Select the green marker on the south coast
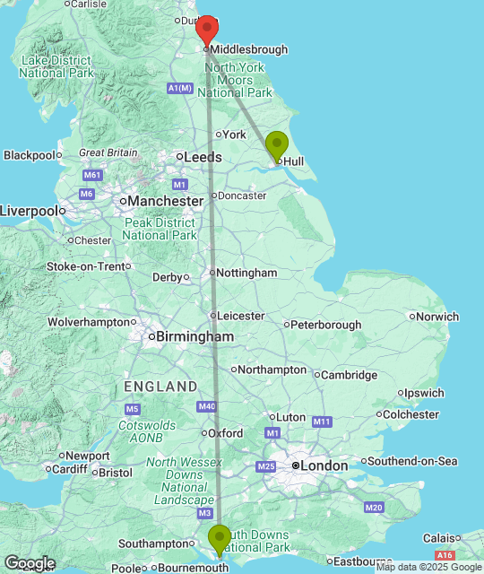pos(219,540)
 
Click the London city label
pos(324,466)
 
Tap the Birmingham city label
pos(194,337)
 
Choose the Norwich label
pos(438,317)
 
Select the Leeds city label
pos(203,157)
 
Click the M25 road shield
pos(266,466)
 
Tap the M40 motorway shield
pos(208,407)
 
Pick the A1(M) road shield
pos(180,87)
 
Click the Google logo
pos(29,563)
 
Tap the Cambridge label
pos(349,375)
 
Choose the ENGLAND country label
pos(161,387)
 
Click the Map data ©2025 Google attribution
pos(428,567)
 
